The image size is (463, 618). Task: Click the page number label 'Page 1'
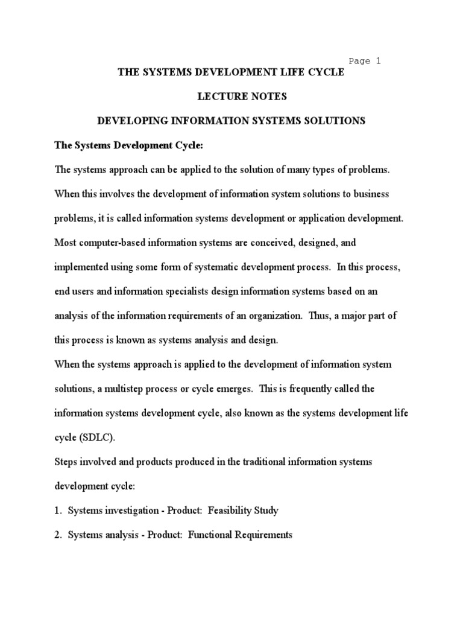[x=365, y=60]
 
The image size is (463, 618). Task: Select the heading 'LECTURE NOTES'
[x=231, y=97]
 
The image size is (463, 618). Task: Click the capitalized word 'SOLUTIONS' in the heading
[x=339, y=121]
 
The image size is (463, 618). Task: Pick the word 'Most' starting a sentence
[x=65, y=243]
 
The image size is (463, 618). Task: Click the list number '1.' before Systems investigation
[x=58, y=511]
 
